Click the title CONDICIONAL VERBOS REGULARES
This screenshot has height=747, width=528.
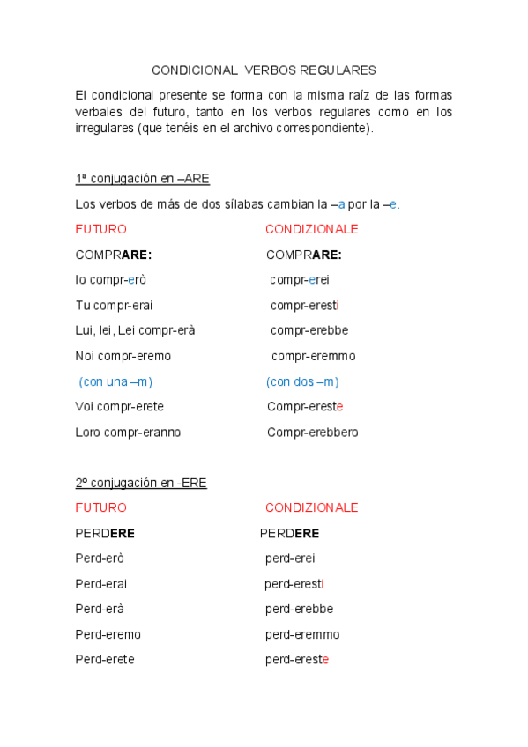(x=264, y=70)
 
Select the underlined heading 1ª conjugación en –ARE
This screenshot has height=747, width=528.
(x=142, y=179)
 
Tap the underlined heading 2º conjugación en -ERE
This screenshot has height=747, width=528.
(x=141, y=483)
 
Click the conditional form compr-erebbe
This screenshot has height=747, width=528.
(x=309, y=330)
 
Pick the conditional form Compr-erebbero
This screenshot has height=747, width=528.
(x=313, y=433)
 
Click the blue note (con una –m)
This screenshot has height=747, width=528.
(x=115, y=381)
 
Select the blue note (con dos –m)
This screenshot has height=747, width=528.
(x=302, y=381)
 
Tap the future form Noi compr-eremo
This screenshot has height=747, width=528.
(x=123, y=356)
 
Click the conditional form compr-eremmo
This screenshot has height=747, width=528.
(x=313, y=356)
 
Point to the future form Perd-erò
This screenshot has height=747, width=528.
(x=100, y=558)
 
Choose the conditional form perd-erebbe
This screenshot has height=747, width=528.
(x=299, y=609)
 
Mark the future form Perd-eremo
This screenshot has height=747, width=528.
(x=108, y=634)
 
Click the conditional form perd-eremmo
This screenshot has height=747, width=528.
(x=302, y=634)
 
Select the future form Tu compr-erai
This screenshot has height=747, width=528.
(x=115, y=306)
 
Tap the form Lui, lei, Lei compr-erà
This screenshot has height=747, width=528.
(x=135, y=330)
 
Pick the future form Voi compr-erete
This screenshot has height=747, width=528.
(x=120, y=407)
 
